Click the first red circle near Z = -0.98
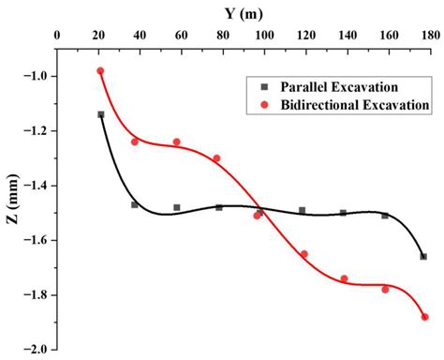100,71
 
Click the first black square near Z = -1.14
100,114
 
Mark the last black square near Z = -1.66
423,257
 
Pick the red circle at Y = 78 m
216,158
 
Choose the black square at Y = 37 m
135,204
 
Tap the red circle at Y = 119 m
303,254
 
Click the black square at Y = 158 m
385,216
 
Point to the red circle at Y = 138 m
344,278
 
